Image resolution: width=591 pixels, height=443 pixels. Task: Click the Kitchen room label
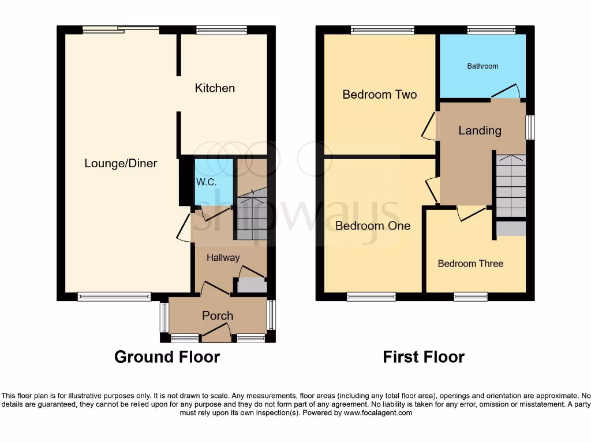(215, 88)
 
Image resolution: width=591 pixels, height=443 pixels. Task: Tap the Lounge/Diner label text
(121, 163)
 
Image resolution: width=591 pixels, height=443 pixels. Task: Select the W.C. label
(206, 182)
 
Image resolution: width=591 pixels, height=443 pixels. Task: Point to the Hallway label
(223, 257)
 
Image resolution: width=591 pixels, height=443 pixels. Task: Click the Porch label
(218, 316)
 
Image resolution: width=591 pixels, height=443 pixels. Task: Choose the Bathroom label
(482, 66)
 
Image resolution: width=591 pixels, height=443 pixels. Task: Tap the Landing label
(480, 130)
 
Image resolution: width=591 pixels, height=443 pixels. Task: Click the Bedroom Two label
(379, 95)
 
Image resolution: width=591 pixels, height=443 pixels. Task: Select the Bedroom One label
(373, 226)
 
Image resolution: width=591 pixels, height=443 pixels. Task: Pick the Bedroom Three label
(470, 264)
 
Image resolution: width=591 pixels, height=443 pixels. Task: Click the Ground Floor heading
(167, 356)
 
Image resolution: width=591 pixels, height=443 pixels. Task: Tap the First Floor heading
(424, 356)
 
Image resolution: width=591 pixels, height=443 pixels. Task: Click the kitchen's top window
(221, 30)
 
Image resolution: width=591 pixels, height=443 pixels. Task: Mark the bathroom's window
(491, 30)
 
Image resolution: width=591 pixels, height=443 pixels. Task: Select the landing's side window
(530, 127)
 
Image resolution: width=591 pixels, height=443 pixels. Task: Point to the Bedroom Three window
(470, 296)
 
